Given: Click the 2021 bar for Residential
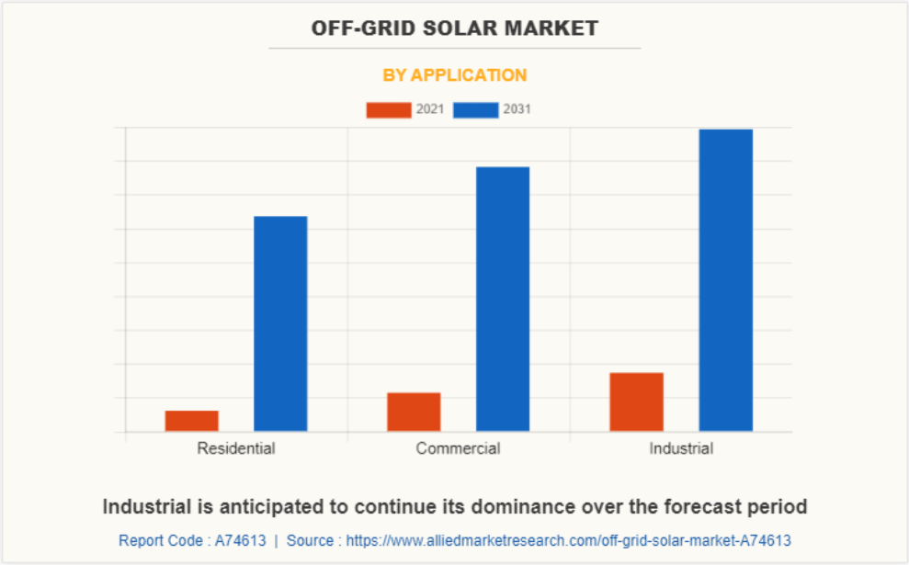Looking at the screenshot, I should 192,421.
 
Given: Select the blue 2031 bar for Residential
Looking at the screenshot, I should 280,323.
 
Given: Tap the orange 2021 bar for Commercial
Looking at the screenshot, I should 414,412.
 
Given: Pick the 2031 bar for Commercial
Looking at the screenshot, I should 503,299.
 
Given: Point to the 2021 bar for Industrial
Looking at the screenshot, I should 636,401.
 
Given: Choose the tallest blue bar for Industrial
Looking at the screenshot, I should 725,280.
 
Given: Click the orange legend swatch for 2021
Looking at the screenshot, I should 389,110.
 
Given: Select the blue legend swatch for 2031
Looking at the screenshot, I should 476,110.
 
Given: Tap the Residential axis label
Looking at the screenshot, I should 236,449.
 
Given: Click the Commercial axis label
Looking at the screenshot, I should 458,449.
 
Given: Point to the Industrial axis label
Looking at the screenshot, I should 681,449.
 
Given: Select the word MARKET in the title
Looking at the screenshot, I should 558,28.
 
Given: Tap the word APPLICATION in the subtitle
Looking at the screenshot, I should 470,75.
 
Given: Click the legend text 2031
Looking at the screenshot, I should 517,110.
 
